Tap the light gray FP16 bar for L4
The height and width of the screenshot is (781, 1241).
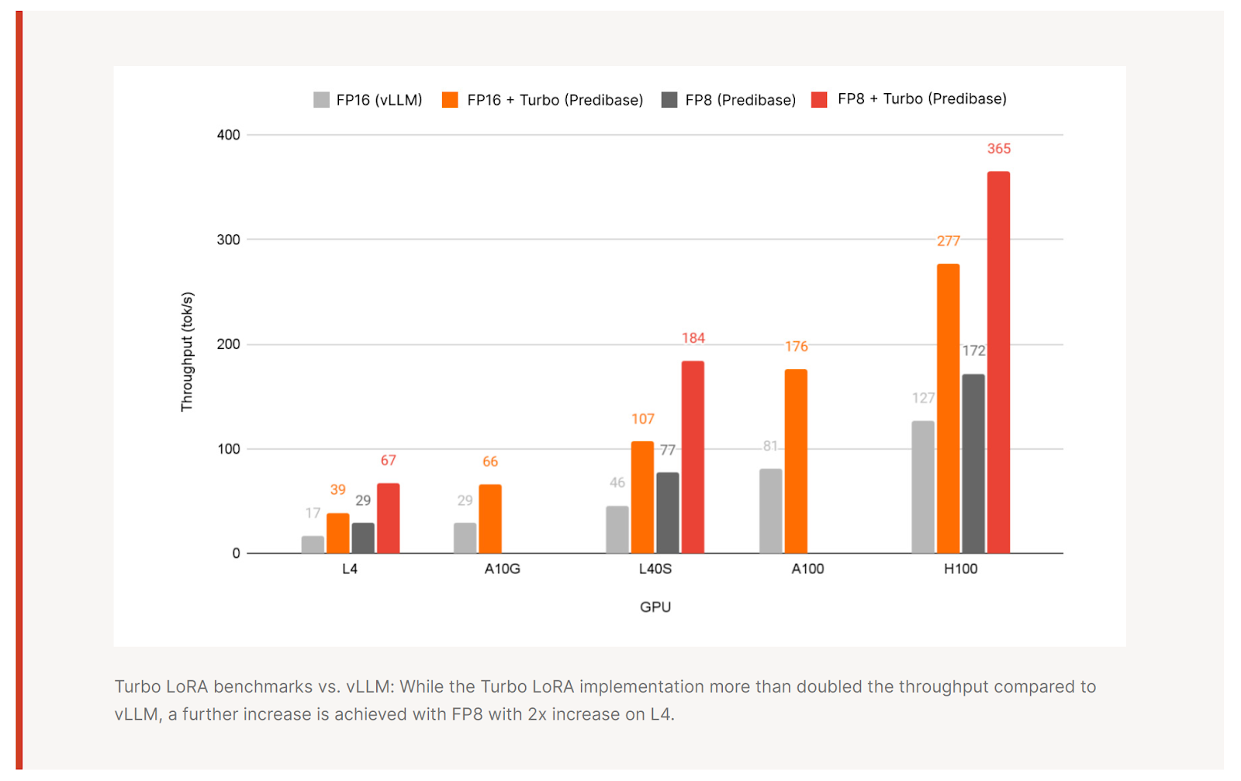pos(313,544)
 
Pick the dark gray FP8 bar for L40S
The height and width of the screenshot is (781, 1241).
pos(668,513)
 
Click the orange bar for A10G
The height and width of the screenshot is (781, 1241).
pos(490,519)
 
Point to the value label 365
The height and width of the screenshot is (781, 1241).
pos(999,149)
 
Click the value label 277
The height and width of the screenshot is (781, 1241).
pos(949,241)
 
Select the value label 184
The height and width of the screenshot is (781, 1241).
pos(693,338)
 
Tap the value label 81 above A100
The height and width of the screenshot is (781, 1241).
pos(770,446)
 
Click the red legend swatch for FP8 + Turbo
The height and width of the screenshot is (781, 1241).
pos(819,100)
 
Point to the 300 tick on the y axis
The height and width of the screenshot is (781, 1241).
pos(229,240)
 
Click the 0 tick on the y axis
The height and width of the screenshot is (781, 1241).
pos(236,554)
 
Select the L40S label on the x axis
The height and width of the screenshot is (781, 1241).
pos(655,569)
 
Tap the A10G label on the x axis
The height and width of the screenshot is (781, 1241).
pos(503,569)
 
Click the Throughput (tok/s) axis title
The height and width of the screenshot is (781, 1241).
pos(187,351)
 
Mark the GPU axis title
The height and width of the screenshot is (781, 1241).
pos(655,607)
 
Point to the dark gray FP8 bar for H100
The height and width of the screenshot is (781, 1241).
pos(973,464)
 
